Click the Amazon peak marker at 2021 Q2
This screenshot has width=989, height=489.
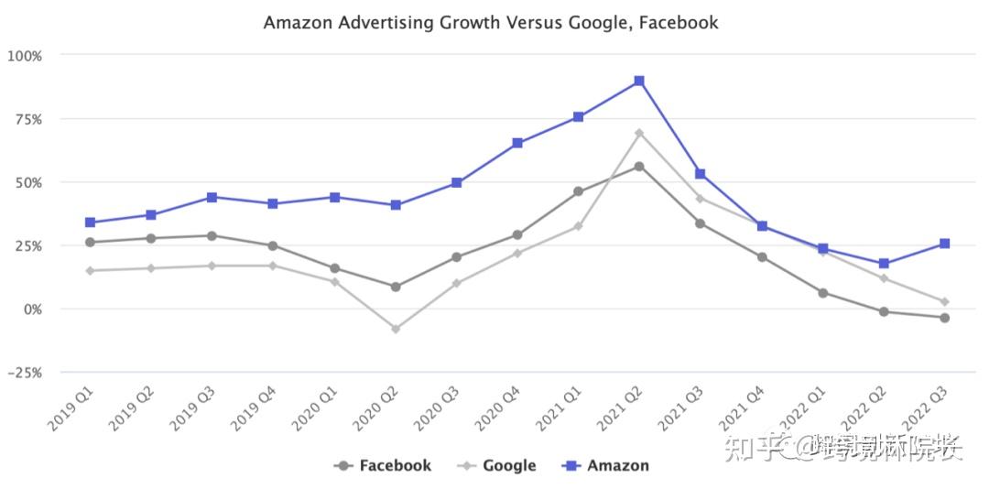pos(639,81)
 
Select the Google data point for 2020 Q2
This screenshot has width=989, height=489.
pos(395,329)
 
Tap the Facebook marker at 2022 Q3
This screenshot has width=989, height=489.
pos(944,318)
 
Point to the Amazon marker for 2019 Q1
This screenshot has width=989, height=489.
pos(90,223)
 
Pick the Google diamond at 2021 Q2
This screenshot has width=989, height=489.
pos(639,134)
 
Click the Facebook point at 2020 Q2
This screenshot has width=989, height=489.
pos(395,287)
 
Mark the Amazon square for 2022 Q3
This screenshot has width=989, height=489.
pos(944,244)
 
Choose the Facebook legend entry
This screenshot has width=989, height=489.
pos(384,465)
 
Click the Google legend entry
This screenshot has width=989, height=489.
pos(499,465)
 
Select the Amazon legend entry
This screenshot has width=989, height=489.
pos(606,465)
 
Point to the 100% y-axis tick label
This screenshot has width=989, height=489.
pos(25,55)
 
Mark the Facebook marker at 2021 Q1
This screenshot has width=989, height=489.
pos(578,191)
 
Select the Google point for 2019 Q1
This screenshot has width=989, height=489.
pos(90,270)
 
